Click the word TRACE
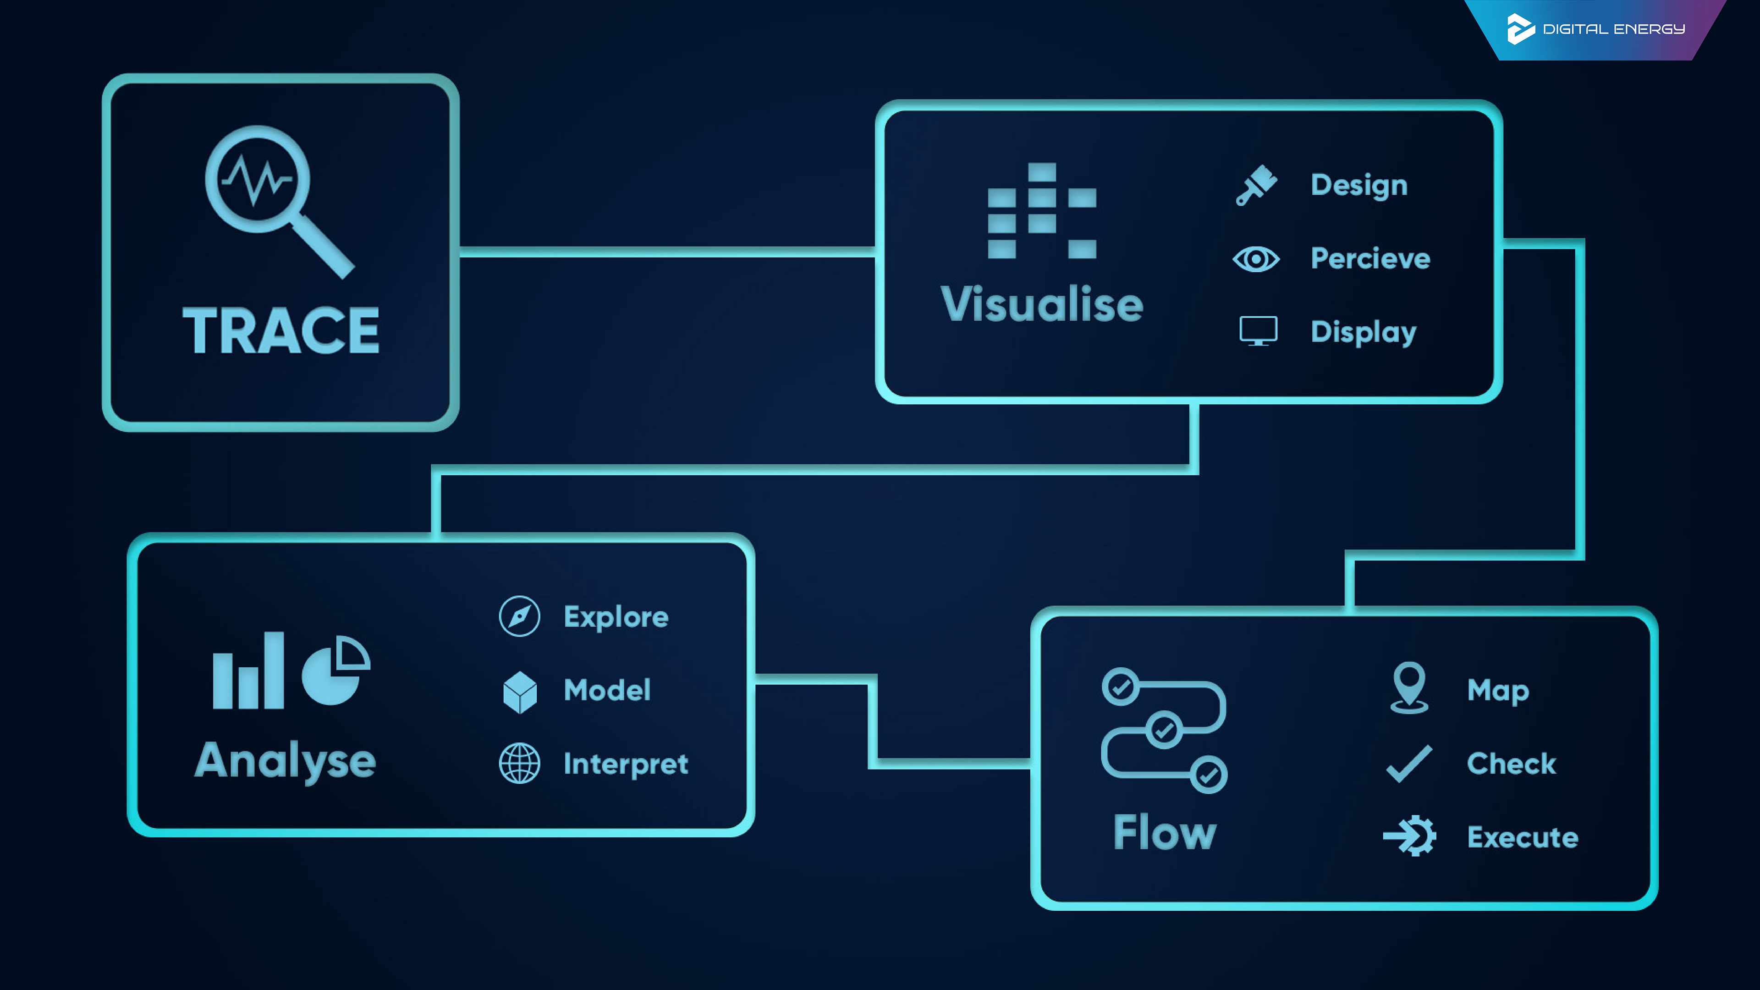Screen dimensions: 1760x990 point(281,330)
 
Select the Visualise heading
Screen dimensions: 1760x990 point(1042,304)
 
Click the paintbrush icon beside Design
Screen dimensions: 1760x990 point(1256,185)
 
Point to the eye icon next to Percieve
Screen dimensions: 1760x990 point(1256,259)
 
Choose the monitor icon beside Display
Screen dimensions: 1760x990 point(1258,331)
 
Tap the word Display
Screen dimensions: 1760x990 point(1364,333)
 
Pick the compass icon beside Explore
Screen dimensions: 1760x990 point(519,616)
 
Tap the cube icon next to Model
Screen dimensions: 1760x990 point(520,692)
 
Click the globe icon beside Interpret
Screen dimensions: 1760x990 point(519,763)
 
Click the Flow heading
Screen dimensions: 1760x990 point(1165,832)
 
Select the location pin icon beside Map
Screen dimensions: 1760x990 point(1409,687)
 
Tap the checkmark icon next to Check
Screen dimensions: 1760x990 point(1409,763)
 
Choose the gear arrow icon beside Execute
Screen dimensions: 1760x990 point(1409,836)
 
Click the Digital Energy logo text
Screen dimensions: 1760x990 point(1614,29)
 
